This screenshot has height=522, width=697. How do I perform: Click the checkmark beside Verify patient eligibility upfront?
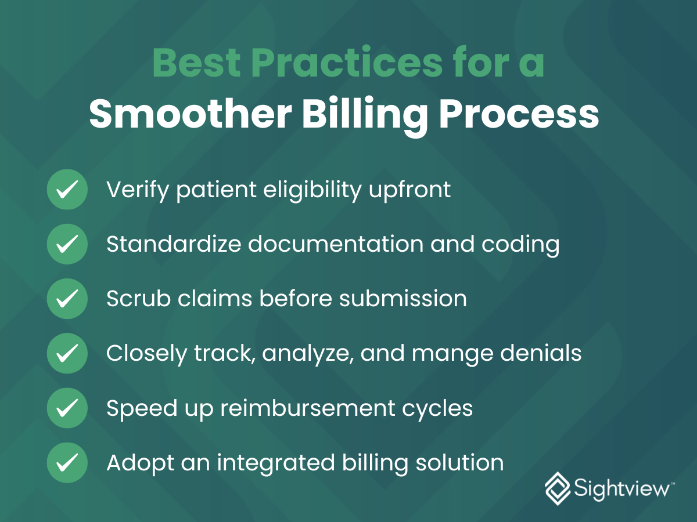[x=67, y=189]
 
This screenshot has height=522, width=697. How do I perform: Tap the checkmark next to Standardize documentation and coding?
[x=67, y=244]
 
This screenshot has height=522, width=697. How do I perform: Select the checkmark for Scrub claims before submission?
[x=67, y=299]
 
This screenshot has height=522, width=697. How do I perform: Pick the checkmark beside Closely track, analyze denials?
[x=67, y=353]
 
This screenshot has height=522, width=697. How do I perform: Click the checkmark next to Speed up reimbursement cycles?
[x=67, y=408]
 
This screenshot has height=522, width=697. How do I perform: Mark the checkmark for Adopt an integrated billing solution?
[x=67, y=462]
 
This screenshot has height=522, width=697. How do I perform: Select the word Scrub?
[x=139, y=298]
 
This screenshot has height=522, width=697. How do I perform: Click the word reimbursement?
[x=308, y=408]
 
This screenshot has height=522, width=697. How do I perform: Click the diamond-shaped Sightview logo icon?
[x=558, y=488]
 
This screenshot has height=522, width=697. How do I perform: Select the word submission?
[x=403, y=298]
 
